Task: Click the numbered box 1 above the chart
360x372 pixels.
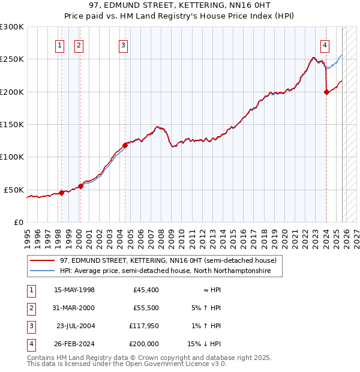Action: [61, 44]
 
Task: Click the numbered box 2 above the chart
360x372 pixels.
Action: [79, 44]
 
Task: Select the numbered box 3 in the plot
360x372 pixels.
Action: [123, 44]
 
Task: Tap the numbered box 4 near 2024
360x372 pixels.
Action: [325, 44]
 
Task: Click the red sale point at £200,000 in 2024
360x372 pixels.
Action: [326, 92]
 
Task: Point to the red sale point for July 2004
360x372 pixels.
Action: [125, 145]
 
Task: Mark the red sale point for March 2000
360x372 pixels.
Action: [80, 186]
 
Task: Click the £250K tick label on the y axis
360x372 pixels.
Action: [12, 59]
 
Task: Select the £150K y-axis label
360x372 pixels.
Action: [12, 124]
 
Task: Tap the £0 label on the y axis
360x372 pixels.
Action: [17, 222]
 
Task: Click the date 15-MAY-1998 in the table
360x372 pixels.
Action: [74, 290]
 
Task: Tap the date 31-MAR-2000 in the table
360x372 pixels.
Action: [74, 308]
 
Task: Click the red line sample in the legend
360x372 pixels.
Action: [42, 261]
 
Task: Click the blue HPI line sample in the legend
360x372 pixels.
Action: [42, 271]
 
